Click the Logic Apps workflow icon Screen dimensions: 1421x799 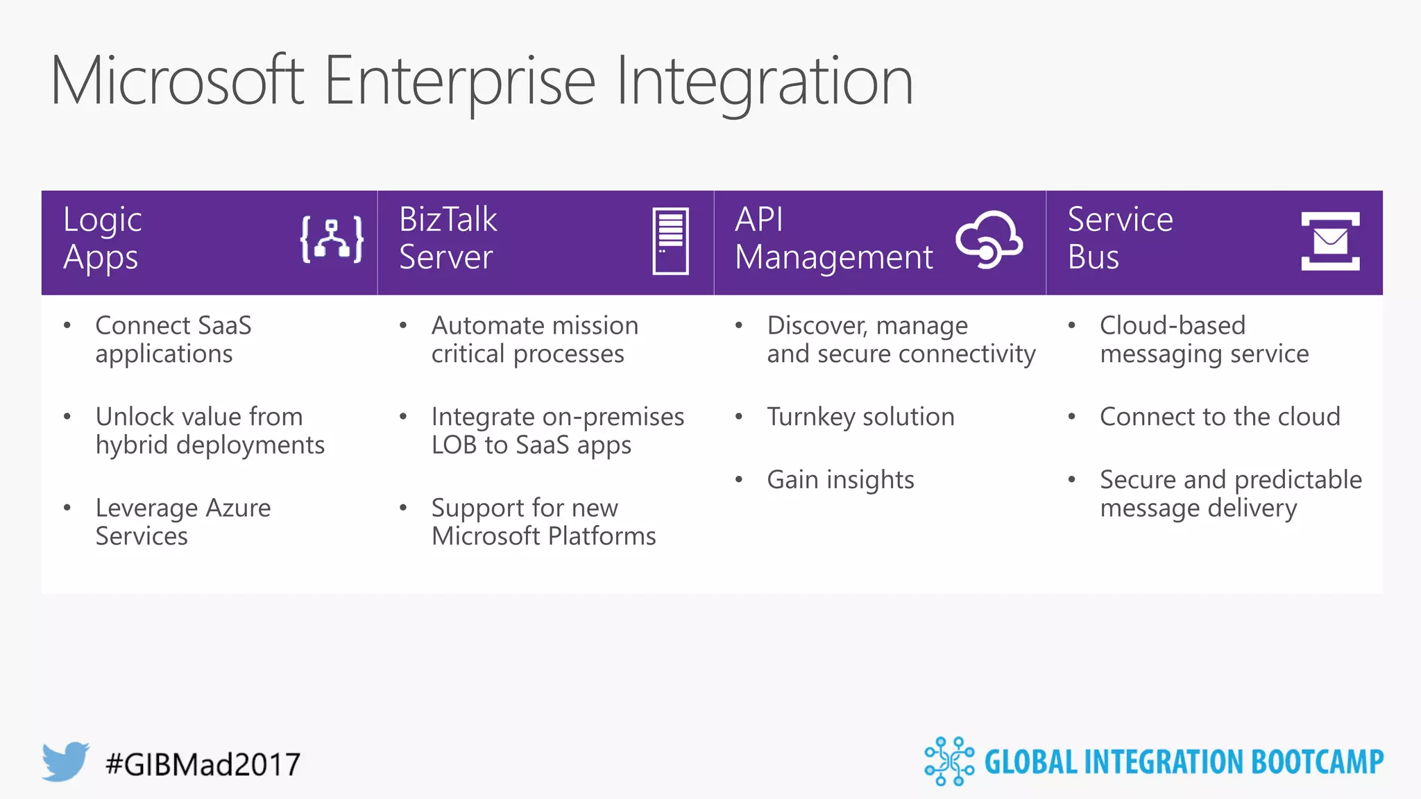pos(332,240)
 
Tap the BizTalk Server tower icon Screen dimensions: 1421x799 pos(670,241)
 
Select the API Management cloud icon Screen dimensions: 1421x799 pos(989,239)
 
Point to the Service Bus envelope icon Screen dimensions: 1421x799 pos(1330,241)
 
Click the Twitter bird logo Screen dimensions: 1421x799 pos(65,761)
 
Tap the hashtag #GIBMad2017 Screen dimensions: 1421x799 pos(203,764)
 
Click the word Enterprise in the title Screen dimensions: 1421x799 pos(459,82)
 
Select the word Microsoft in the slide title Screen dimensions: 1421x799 pos(177,82)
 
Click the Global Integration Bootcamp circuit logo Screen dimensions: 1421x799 pos(948,761)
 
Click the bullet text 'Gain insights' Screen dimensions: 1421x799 pos(840,480)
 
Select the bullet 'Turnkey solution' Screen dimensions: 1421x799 pos(860,417)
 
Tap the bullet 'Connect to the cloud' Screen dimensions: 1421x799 pos(1220,417)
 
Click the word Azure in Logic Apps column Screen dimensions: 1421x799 pos(238,508)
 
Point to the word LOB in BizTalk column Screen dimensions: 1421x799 pos(454,445)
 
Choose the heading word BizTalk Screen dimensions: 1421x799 pos(448,220)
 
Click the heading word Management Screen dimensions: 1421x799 pos(833,258)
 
